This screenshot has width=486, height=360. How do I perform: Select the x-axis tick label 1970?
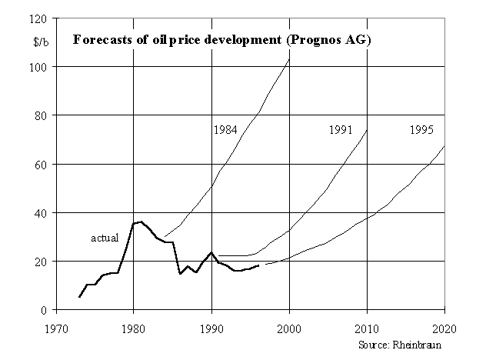[55, 325]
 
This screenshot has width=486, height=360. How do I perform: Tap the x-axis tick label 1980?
[133, 325]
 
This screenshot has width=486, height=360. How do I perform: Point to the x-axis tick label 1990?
[211, 325]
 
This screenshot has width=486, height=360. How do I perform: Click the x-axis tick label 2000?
[289, 325]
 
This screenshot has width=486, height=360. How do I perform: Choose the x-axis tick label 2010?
[367, 325]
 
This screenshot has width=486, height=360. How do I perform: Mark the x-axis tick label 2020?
[444, 325]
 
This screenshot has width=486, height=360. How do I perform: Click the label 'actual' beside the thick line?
[105, 238]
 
